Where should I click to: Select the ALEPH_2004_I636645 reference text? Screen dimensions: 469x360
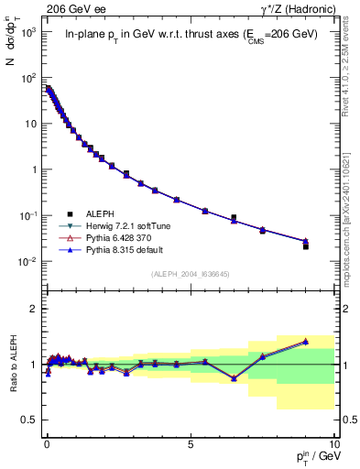coord(189,274)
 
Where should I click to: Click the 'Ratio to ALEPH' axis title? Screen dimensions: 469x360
coord(14,364)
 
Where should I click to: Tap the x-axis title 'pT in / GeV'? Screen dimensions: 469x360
coord(311,455)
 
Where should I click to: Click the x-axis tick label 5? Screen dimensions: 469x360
coord(190,442)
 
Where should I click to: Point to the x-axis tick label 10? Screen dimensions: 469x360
coord(333,442)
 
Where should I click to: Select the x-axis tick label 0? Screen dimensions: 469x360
coord(47,442)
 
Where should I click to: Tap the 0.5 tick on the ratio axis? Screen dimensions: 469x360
coord(30,420)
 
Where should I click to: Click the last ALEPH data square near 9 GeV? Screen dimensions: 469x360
coord(305,246)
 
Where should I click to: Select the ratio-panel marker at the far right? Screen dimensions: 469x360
coord(305,341)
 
